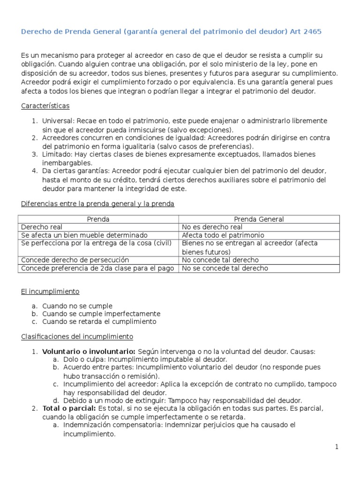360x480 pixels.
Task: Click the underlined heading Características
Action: coord(45,106)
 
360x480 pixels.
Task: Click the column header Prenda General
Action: coord(259,219)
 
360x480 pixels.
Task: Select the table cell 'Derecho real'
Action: coord(42,227)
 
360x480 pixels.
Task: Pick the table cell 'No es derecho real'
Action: coord(212,227)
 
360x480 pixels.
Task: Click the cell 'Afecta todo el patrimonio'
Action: coord(223,235)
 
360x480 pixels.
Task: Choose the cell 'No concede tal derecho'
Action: coord(220,260)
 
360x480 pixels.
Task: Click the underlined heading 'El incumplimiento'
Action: coord(50,292)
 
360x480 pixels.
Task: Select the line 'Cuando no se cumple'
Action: coord(77,306)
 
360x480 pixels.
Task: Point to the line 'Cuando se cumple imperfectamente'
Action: coord(101,314)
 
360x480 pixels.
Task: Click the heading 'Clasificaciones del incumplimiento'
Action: coord(77,337)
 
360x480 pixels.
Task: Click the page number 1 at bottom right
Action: coord(336,447)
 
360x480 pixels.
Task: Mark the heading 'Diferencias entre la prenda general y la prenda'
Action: coord(97,204)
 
